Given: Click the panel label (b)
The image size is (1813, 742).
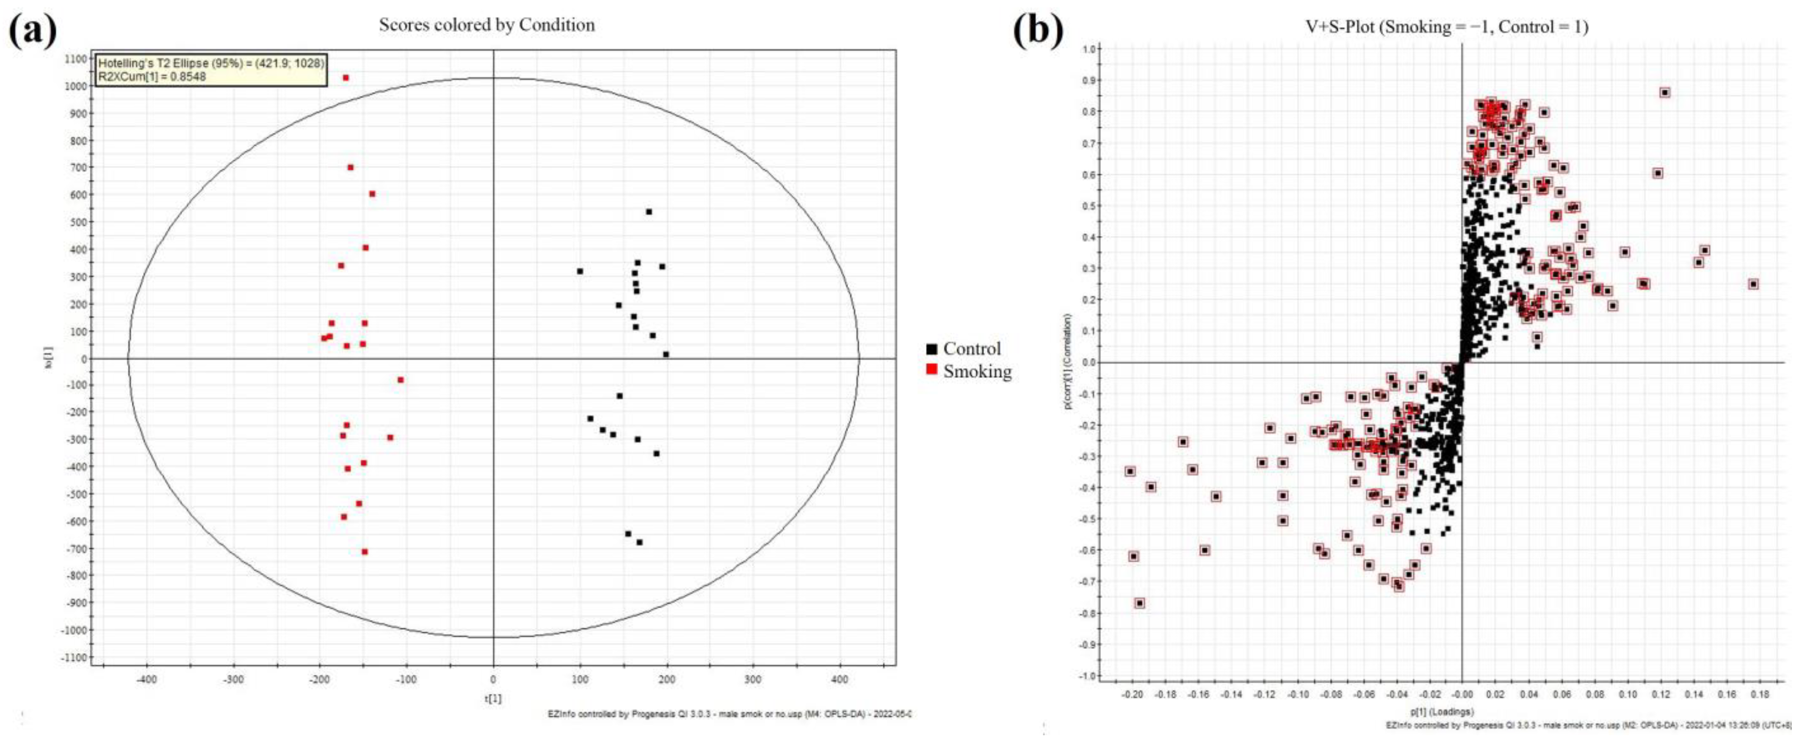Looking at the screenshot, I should (x=1037, y=31).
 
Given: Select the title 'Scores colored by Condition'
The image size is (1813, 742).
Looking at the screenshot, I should (x=486, y=25).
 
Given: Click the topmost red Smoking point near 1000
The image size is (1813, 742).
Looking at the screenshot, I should (x=345, y=78).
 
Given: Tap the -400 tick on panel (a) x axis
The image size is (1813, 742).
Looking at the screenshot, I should (x=146, y=679).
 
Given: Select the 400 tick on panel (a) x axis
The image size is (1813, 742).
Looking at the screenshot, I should (x=840, y=679).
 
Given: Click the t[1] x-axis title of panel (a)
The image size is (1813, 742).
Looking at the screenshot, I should (x=493, y=698).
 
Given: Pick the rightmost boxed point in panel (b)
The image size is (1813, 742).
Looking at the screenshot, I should (x=1753, y=284).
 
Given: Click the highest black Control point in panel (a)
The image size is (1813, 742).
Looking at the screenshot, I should (x=649, y=212).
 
